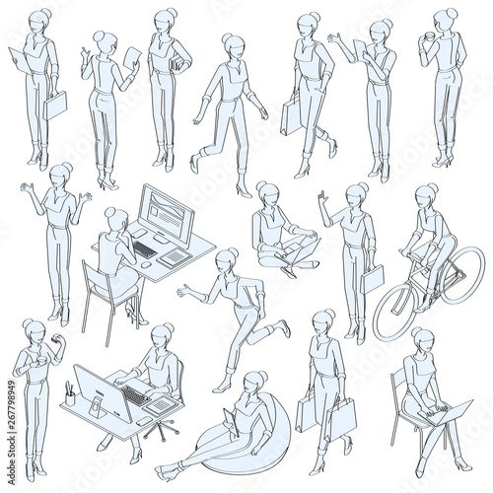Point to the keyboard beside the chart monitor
[x=145, y=249]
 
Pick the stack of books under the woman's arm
[x=176, y=62]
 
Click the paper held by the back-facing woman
[x=132, y=57]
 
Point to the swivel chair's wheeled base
[x=161, y=428]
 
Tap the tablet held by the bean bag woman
[x=231, y=422]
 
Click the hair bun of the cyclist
[x=433, y=188]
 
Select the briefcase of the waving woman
[x=373, y=279]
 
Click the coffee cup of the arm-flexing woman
[x=42, y=361]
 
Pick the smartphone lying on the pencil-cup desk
[x=144, y=421]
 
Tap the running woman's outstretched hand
[x=184, y=291]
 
